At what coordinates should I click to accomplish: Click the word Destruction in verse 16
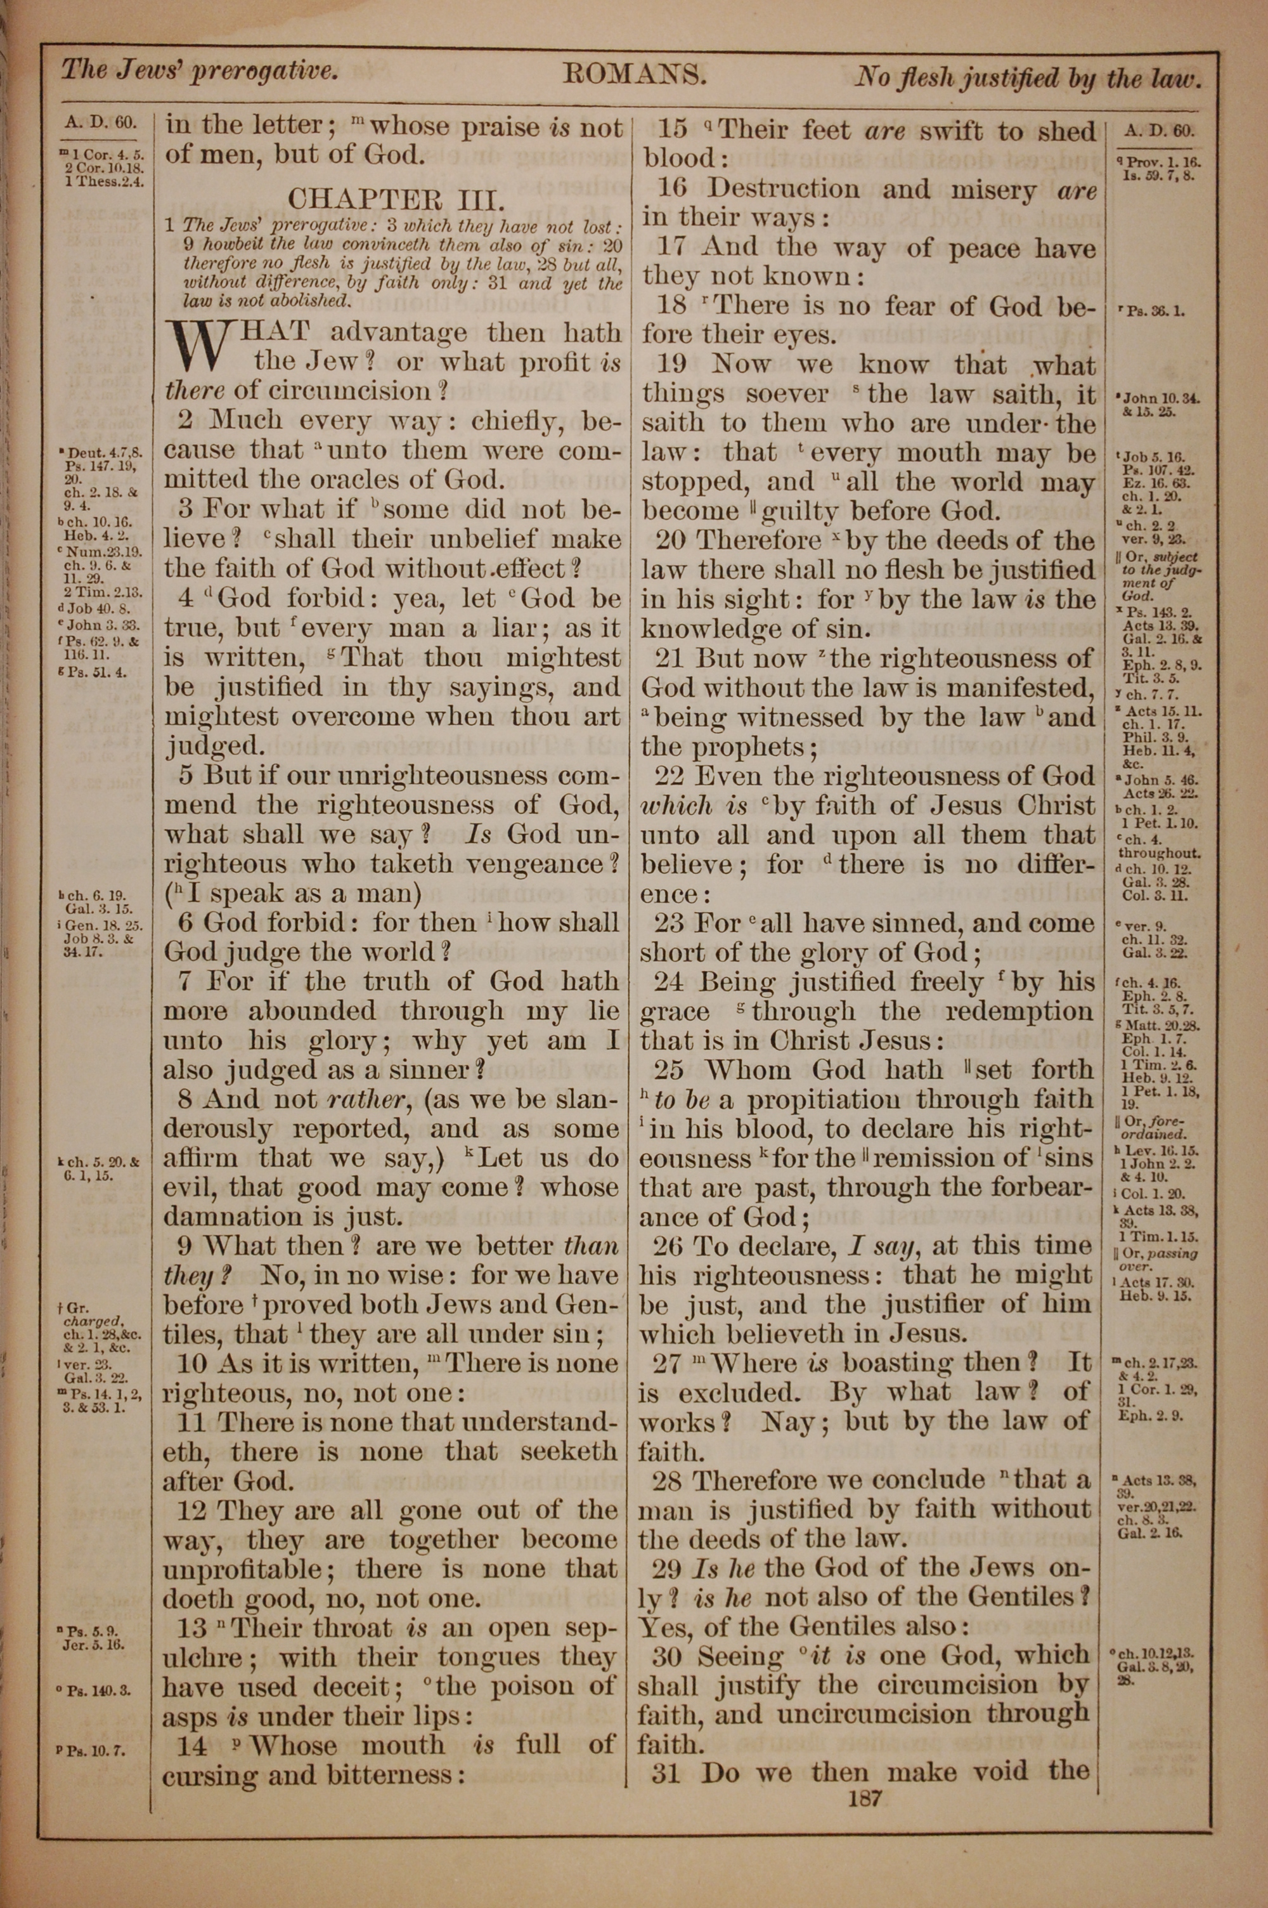click(784, 188)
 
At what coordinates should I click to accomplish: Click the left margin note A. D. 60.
click(101, 124)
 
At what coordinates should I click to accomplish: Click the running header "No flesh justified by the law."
click(1028, 77)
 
